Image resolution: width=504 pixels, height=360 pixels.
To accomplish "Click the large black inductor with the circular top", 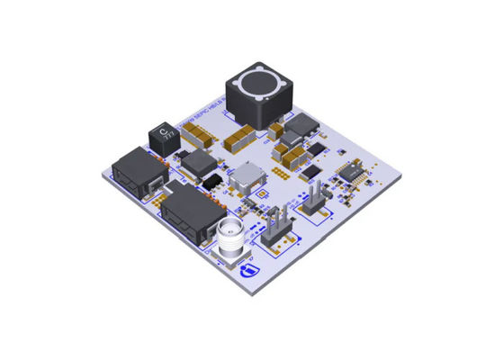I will [259, 94].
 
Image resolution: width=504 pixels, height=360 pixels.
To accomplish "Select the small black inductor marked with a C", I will [163, 136].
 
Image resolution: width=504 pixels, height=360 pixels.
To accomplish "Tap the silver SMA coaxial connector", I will [231, 238].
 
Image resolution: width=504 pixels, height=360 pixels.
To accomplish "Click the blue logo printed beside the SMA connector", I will [250, 269].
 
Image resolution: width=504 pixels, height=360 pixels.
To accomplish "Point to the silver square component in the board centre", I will [247, 175].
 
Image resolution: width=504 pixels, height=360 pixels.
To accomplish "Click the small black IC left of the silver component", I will [212, 183].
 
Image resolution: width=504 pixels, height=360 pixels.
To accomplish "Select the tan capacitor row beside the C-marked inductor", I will [196, 136].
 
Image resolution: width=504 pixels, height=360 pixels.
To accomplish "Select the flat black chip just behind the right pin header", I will [311, 170].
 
